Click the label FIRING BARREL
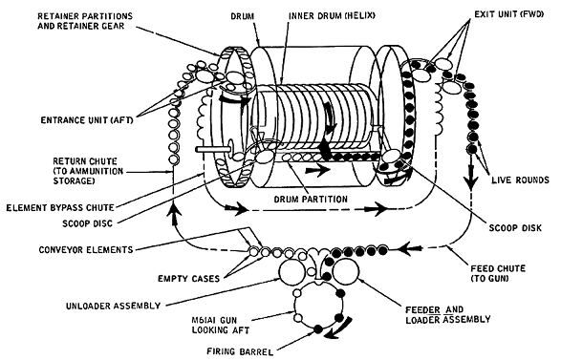coord(240,351)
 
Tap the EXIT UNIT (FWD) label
coord(509,14)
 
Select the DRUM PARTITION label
coord(311,200)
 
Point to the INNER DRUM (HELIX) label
coord(332,15)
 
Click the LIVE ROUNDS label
coord(520,180)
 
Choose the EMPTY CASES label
coord(189,278)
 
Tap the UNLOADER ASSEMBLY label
coord(113,306)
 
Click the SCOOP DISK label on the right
coord(515,227)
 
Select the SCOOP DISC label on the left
coord(88,223)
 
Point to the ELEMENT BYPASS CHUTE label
coord(60,208)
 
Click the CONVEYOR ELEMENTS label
coord(86,249)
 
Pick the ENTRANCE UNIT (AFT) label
coord(87,120)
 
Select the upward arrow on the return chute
coord(174,213)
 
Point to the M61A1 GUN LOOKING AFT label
coord(221,325)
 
